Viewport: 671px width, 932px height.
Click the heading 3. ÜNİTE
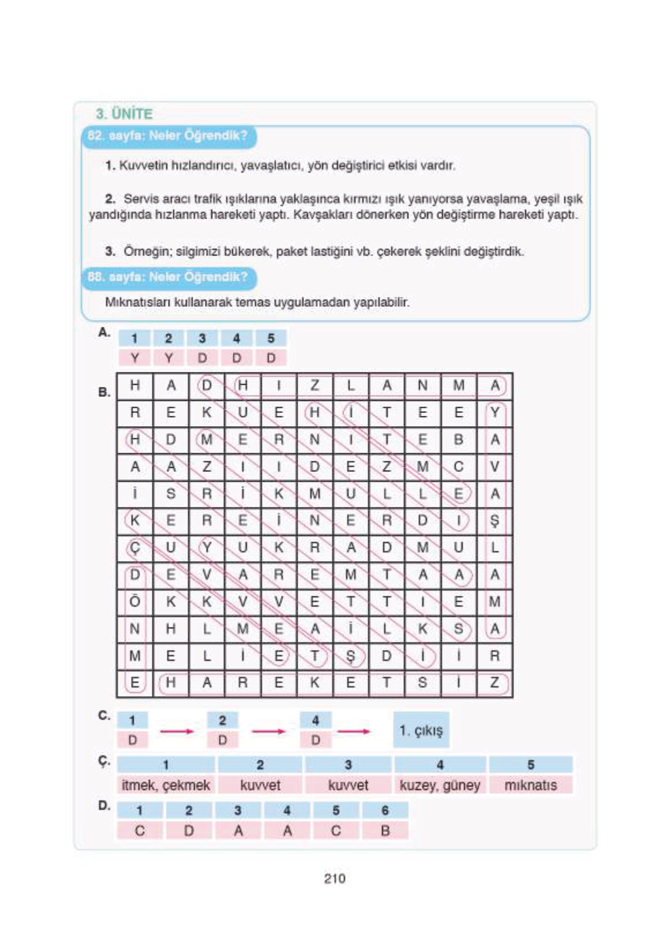[x=124, y=113]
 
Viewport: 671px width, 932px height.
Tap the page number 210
[x=334, y=878]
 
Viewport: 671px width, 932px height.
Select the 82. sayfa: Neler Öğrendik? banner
[x=168, y=136]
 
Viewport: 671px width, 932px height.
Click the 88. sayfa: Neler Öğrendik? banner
[x=168, y=277]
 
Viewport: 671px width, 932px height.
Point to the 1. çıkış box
[x=421, y=730]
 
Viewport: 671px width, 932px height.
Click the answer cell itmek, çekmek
[x=166, y=785]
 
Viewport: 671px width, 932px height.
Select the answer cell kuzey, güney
[x=440, y=785]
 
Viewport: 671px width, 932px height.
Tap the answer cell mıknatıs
[x=530, y=785]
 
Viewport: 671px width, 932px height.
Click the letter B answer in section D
[x=385, y=830]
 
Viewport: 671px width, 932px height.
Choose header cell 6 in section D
[x=385, y=810]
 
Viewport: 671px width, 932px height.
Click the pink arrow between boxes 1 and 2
[x=177, y=731]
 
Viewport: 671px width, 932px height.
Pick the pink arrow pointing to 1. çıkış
[x=354, y=731]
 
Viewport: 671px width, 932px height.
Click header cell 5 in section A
[x=271, y=339]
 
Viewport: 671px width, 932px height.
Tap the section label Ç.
[x=104, y=762]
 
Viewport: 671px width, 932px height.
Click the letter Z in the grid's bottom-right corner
[x=494, y=683]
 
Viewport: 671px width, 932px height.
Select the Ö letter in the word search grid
[x=135, y=602]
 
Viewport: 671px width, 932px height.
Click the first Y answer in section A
[x=134, y=358]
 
